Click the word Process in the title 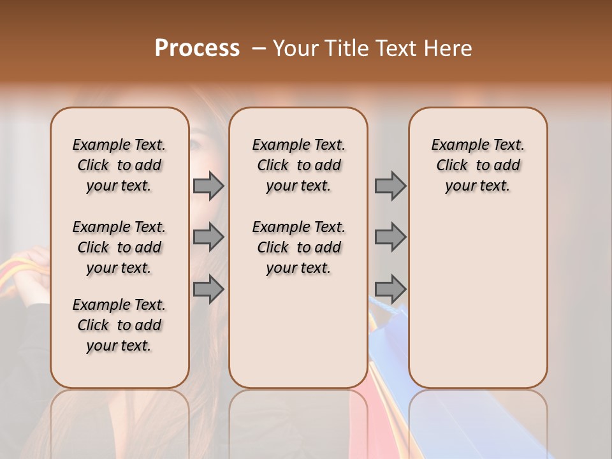pos(197,48)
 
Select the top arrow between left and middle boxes pos(208,186)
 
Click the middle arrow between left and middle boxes pos(208,237)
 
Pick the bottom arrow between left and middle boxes pos(208,289)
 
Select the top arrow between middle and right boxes pos(390,186)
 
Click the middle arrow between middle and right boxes pos(390,237)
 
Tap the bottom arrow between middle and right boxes pos(390,289)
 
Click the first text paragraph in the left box pos(119,165)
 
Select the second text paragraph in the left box pos(119,247)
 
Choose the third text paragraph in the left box pos(119,325)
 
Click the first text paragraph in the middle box pos(298,165)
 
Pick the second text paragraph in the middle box pos(298,247)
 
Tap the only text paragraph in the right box pos(477,165)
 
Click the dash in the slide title pos(259,48)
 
